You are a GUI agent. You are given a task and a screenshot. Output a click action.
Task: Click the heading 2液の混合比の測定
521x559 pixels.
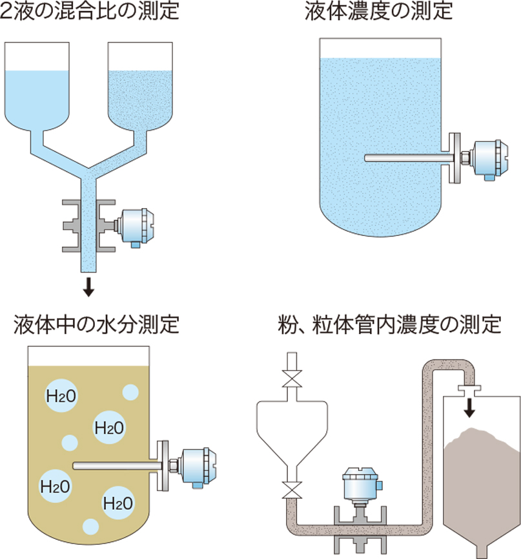coord(90,12)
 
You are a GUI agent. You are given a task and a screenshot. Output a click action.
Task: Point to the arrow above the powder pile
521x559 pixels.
coord(469,406)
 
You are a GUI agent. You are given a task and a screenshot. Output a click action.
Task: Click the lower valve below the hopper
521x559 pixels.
coord(292,490)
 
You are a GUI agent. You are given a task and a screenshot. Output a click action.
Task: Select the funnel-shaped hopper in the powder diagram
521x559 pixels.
coord(292,430)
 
